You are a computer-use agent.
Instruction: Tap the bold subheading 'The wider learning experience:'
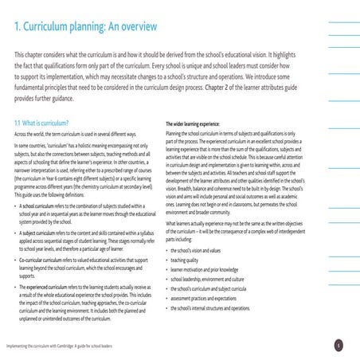202,125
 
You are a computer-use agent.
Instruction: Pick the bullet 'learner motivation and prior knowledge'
209,268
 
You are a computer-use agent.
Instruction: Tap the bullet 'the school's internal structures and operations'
217,307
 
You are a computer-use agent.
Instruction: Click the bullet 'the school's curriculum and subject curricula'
215,288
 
